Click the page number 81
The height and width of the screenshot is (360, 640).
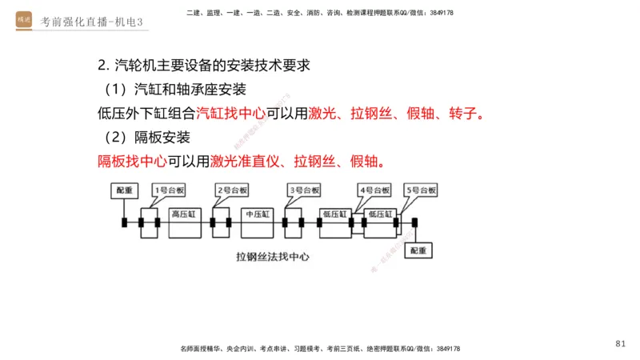coord(621,343)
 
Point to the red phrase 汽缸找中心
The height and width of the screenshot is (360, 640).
coord(231,113)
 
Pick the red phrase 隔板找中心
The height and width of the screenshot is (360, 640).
coord(132,161)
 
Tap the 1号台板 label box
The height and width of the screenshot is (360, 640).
coord(169,190)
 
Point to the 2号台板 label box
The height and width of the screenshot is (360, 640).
coord(234,190)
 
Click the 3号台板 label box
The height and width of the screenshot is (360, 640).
coord(304,190)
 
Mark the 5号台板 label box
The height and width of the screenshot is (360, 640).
coord(421,190)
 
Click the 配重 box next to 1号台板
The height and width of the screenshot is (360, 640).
coord(125,190)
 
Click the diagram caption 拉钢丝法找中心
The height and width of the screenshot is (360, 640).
coord(273,258)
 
